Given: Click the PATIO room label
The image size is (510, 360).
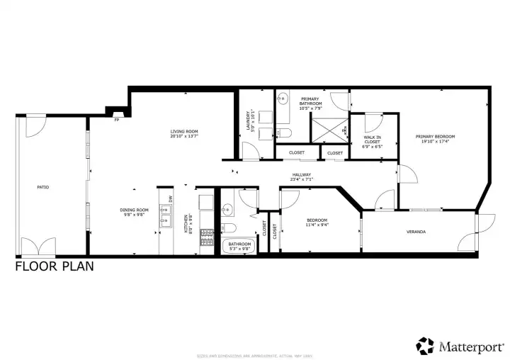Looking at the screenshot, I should tap(42, 187).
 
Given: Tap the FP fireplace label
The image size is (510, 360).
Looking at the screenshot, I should tap(116, 120).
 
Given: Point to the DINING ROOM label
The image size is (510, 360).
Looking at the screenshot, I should tap(133, 211).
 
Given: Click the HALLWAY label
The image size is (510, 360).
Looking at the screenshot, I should tap(302, 177).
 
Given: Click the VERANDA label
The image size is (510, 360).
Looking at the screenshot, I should tap(416, 232).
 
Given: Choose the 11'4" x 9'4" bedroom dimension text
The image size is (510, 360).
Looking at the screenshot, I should tap(316, 224).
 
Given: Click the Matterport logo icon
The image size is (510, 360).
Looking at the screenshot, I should tap(425, 345).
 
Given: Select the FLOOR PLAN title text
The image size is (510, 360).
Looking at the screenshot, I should tap(54, 267).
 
